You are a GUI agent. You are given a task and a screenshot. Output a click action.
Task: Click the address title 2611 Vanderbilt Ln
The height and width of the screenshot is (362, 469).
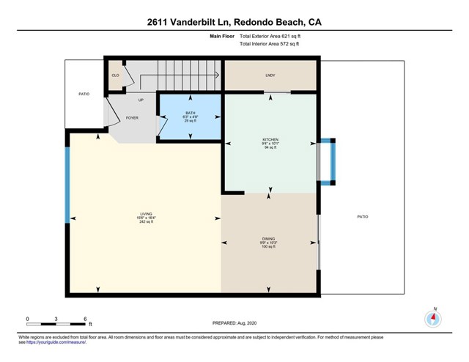coord(234,22)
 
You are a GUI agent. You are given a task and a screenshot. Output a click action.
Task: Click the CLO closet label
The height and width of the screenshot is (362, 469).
coord(115,75)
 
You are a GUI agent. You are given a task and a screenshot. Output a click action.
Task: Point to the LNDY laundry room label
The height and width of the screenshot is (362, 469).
coord(270,75)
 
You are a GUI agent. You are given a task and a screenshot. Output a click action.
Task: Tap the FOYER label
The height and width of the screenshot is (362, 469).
coord(132,117)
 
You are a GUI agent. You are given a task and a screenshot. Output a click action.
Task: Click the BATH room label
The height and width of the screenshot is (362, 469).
coord(190,113)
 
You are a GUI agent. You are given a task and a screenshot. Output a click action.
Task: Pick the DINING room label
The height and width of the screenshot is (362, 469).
coord(269,238)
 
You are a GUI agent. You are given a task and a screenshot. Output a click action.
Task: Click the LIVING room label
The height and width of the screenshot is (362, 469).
coord(145,213)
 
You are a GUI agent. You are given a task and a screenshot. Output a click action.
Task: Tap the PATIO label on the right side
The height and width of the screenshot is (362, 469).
coord(362,217)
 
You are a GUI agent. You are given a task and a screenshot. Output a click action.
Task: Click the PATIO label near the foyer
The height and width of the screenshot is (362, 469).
coord(84,94)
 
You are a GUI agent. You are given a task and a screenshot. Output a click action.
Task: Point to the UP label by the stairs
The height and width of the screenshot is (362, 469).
coord(141,100)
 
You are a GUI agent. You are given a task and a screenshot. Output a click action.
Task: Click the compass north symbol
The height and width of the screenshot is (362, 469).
coord(434,319)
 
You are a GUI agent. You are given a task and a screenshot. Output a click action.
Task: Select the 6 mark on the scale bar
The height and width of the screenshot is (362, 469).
coord(86,319)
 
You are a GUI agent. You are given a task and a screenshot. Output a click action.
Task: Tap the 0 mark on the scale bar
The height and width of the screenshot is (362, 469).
coord(28,319)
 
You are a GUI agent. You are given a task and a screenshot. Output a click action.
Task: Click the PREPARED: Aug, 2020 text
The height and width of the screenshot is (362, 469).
coord(234,323)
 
